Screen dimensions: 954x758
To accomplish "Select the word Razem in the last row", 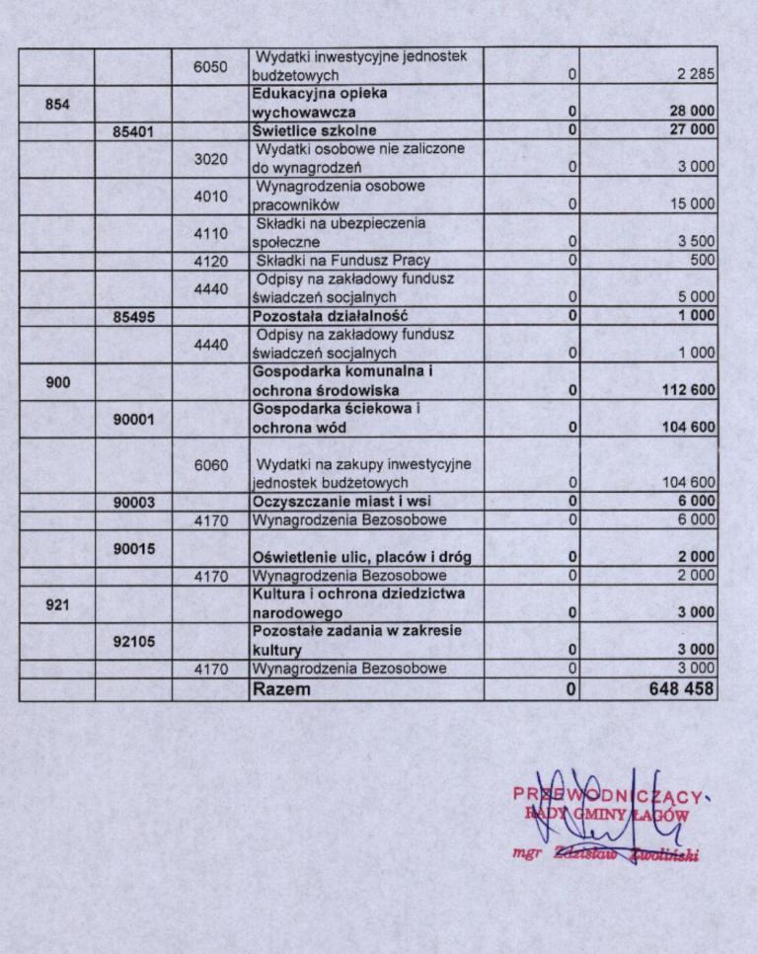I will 281,688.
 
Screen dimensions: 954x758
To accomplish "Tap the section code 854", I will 57,103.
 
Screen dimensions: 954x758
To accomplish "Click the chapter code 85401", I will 133,129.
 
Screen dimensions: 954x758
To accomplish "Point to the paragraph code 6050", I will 210,66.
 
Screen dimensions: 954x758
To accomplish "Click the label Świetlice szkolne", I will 314,129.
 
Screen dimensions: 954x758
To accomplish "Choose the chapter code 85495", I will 133,316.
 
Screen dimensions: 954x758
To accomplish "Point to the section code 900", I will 57,381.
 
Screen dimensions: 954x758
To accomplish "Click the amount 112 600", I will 688,390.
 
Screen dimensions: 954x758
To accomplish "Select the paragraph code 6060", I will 210,464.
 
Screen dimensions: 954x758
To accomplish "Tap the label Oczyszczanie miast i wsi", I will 339,502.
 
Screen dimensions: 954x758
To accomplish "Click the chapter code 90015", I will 133,548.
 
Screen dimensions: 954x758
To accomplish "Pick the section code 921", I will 57,602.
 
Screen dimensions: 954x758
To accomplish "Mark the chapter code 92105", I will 133,640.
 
